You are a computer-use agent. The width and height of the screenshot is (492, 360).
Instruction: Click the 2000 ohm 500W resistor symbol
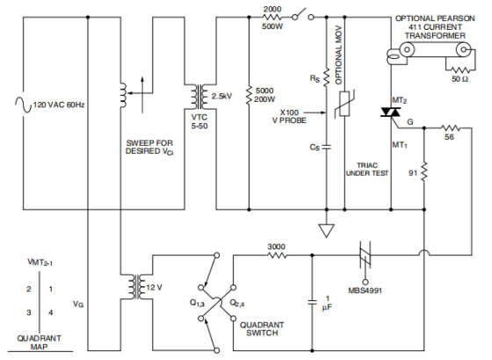point(271,18)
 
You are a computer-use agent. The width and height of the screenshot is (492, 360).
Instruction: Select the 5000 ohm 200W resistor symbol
point(250,95)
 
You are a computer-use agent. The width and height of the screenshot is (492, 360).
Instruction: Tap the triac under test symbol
point(391,112)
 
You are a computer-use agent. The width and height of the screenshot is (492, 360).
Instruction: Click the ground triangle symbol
point(326,230)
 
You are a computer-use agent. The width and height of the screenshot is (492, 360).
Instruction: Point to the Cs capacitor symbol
point(326,147)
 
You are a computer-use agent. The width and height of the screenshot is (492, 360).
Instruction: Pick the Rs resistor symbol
point(326,77)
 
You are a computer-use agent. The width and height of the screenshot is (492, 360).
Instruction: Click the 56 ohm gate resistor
point(451,128)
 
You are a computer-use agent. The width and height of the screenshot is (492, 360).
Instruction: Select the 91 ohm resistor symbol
point(424,171)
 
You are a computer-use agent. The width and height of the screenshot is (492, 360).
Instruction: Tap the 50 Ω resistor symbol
point(459,69)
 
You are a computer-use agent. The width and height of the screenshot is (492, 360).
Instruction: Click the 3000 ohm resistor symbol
point(277,256)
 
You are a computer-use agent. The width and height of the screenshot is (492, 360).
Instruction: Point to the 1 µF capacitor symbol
point(312,303)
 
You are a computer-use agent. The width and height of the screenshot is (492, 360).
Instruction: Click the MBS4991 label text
point(365,291)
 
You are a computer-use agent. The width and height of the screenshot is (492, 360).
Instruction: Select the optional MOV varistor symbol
point(344,104)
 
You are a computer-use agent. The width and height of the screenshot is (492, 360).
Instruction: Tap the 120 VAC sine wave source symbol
point(23,104)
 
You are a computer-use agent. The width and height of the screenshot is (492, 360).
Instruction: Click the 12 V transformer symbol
point(137,287)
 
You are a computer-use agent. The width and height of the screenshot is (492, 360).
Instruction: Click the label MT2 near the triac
point(400,101)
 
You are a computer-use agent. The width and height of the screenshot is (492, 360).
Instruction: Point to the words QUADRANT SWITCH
point(262,328)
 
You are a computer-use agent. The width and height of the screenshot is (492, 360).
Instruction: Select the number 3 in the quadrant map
point(29,313)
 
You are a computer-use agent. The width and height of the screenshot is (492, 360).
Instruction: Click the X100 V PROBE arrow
point(315,112)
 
